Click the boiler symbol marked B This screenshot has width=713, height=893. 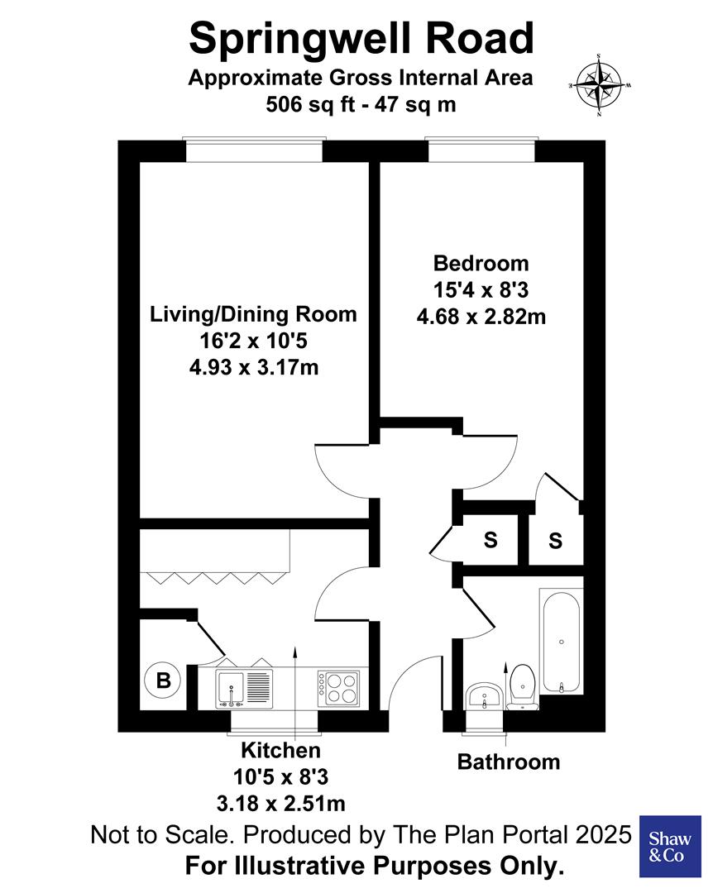[164, 681]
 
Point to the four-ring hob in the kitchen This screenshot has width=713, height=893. [339, 687]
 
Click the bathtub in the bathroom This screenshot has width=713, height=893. [562, 642]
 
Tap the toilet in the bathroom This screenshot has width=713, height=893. [522, 686]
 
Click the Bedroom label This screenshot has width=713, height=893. [481, 264]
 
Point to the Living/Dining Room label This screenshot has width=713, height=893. [253, 314]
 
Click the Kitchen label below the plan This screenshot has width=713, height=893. [280, 751]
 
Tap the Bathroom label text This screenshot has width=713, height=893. [509, 762]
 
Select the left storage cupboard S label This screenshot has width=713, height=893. [490, 541]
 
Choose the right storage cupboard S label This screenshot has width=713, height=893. [555, 542]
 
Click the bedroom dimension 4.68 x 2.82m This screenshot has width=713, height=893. [481, 317]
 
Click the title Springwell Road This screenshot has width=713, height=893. [361, 38]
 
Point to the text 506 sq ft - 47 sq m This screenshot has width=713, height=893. [361, 105]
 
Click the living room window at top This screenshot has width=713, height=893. [253, 151]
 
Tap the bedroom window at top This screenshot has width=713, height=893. [481, 151]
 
